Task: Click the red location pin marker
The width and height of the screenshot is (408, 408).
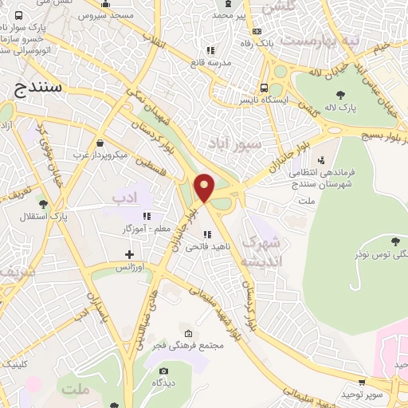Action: pyautogui.click(x=205, y=188)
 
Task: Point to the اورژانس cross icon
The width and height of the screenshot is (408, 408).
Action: pyautogui.click(x=129, y=255)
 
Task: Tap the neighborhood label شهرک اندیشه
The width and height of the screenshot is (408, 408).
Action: pyautogui.click(x=261, y=251)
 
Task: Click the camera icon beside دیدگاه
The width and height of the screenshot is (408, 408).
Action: pyautogui.click(x=164, y=371)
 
